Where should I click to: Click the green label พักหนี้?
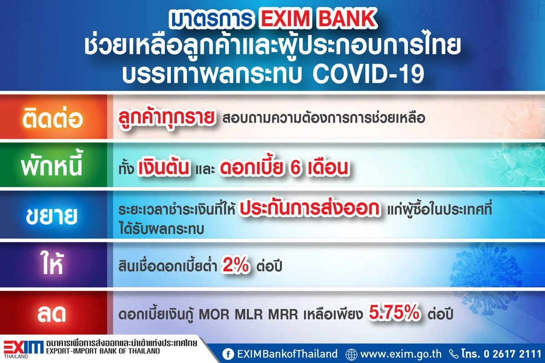(54, 166)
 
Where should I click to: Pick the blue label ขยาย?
(54, 216)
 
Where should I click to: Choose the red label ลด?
(54, 314)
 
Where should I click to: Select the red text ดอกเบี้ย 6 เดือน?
(284, 167)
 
